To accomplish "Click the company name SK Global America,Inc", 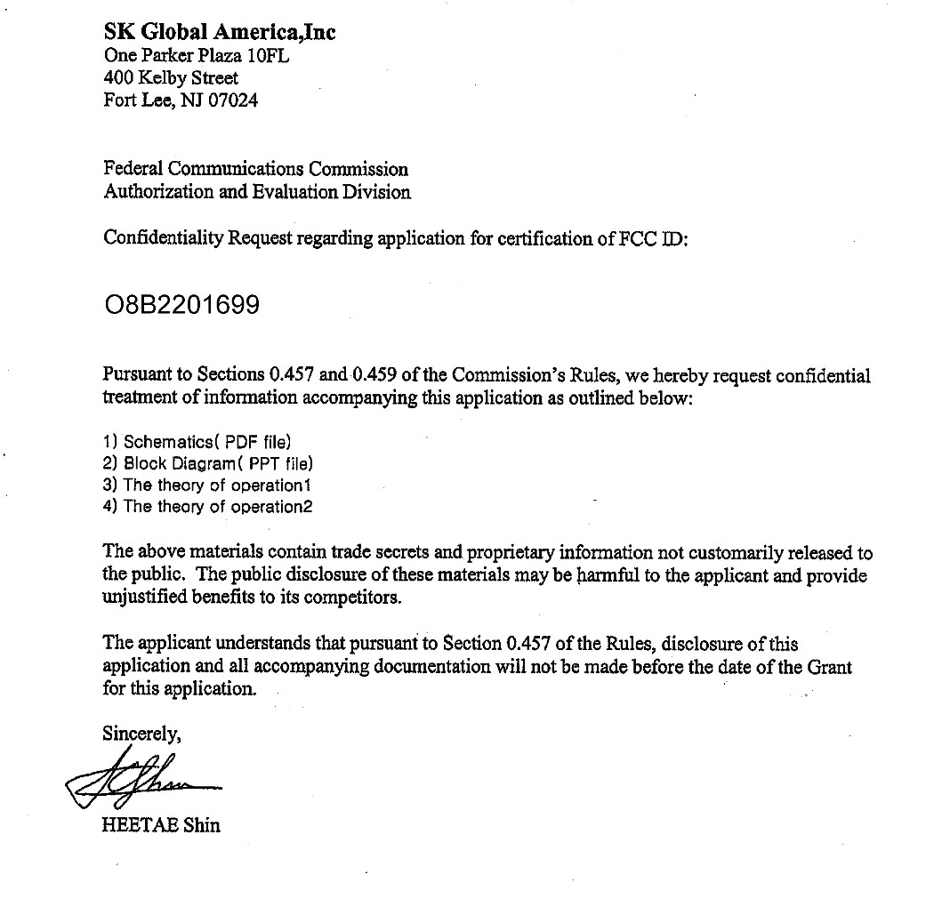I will click(220, 33).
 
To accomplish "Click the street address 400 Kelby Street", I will click(171, 78).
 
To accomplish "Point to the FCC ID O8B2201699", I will click(181, 305).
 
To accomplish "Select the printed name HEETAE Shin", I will click(162, 824).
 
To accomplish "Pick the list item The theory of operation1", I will click(207, 485).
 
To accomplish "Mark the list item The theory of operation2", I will click(208, 507).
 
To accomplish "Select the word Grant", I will click(829, 666).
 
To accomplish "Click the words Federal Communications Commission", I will click(256, 168).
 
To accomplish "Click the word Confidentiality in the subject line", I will click(164, 237).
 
